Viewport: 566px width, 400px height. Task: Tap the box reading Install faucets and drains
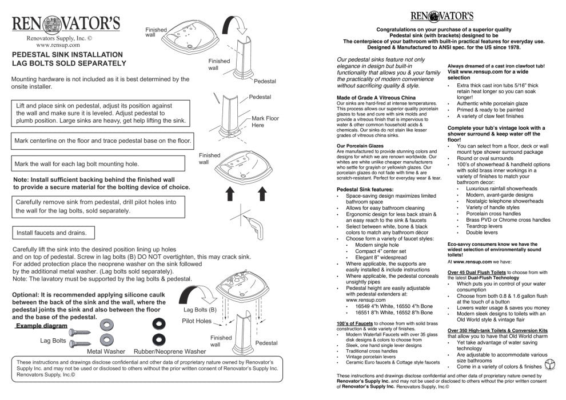click(x=51, y=233)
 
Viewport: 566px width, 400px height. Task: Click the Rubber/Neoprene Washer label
click(x=170, y=352)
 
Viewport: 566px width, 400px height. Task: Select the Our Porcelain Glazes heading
click(x=361, y=145)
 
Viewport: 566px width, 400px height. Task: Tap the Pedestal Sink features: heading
click(x=365, y=189)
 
